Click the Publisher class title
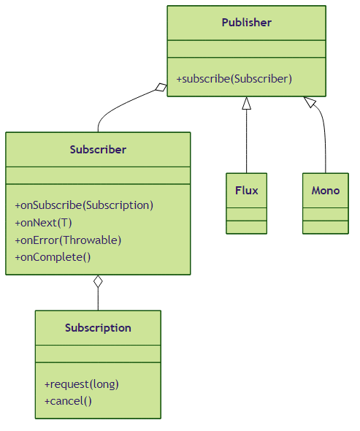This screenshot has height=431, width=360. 247,23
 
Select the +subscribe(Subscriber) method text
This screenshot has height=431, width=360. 234,79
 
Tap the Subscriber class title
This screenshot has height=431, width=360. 98,150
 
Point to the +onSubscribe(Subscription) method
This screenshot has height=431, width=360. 84,205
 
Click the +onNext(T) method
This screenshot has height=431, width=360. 43,223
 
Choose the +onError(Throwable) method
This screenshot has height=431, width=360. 68,240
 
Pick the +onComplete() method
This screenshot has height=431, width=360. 53,257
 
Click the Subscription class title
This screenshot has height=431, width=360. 98,328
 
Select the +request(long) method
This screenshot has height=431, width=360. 82,384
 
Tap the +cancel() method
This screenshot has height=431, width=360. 68,401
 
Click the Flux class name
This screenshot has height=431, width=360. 247,191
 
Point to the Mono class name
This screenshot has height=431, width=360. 326,191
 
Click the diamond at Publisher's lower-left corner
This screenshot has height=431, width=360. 161,87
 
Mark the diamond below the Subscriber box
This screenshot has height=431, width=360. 98,281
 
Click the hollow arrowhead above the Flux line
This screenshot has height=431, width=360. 247,103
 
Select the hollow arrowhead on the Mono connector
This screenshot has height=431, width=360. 310,102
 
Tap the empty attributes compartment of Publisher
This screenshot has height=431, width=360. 247,49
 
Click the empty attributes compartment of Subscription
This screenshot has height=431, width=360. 98,354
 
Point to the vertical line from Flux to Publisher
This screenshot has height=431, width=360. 247,141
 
